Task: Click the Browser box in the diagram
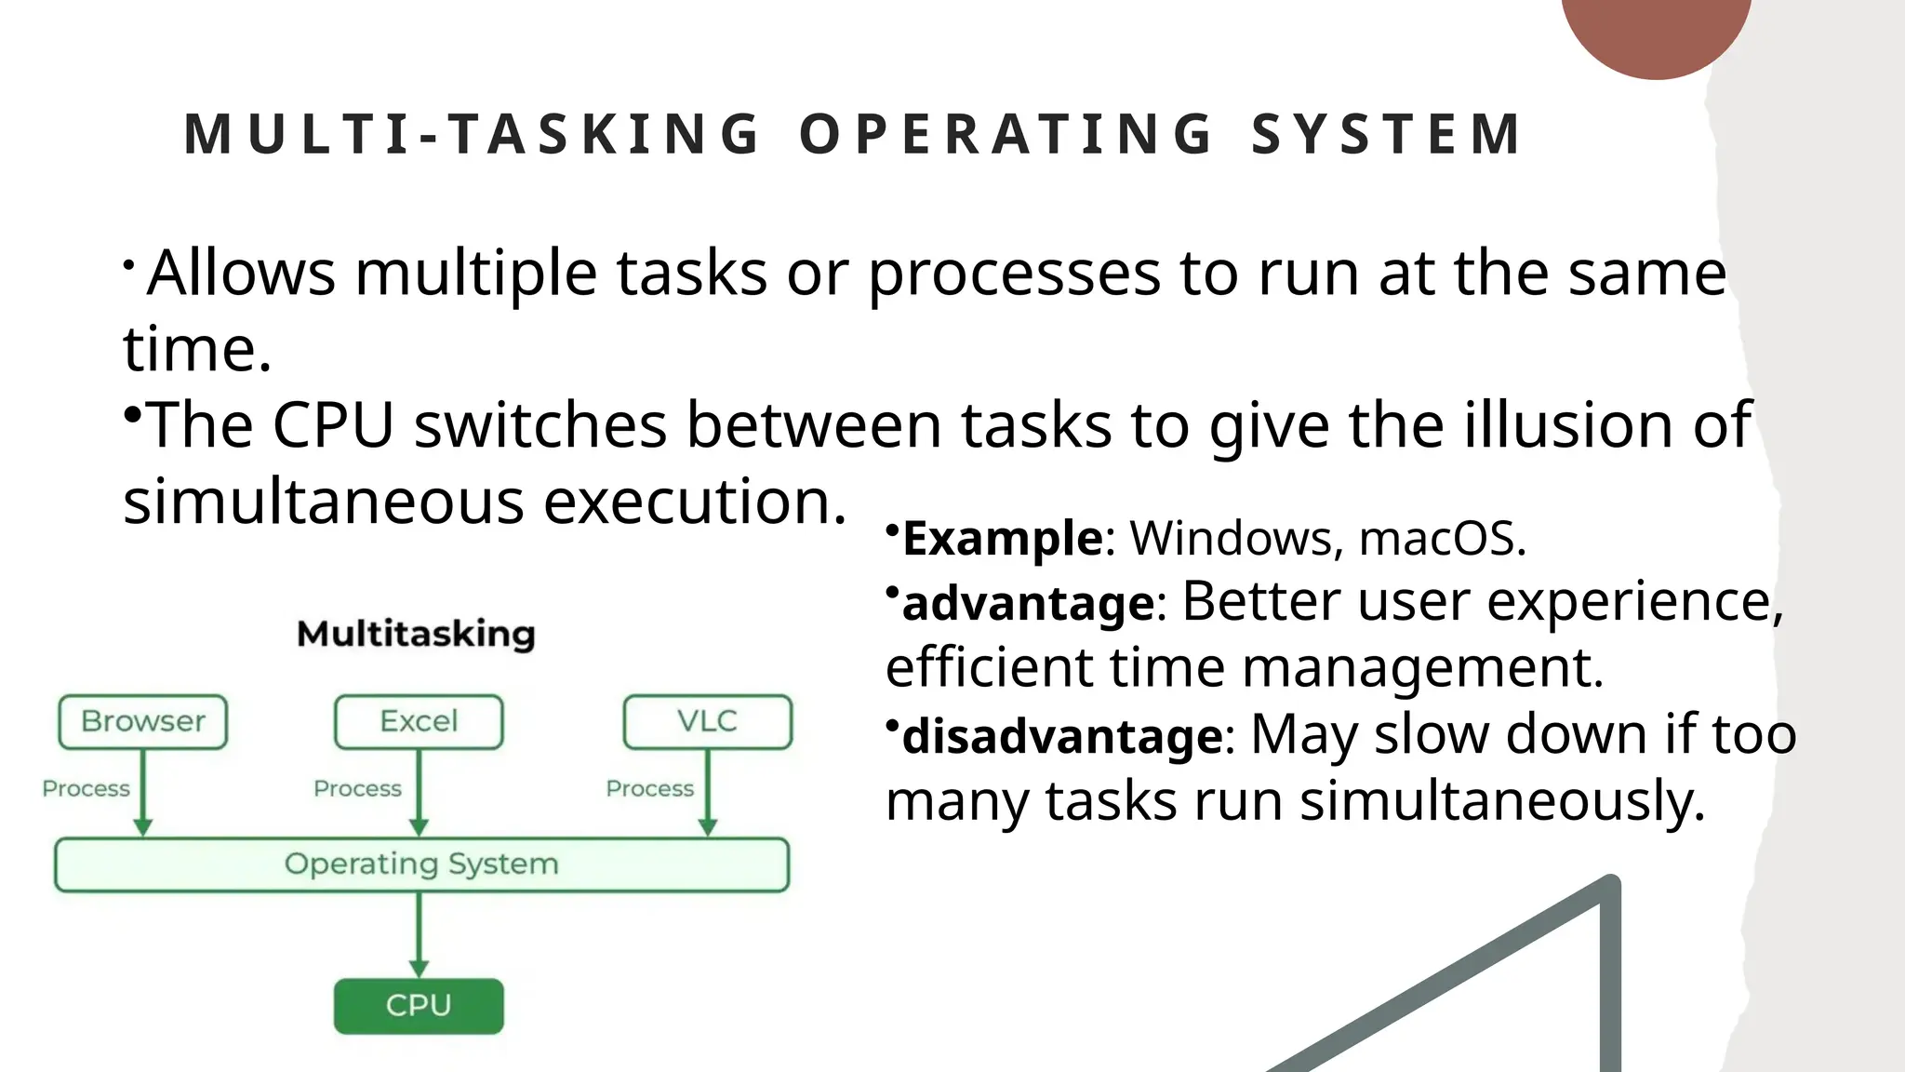point(142,721)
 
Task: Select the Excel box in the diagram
point(419,721)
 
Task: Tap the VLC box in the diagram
point(707,721)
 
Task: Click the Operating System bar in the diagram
point(421,864)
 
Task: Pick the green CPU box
point(419,1006)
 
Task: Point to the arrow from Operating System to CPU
point(419,934)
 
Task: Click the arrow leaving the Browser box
point(143,792)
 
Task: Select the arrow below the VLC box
point(707,792)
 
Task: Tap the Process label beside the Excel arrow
point(357,789)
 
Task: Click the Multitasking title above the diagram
point(416,635)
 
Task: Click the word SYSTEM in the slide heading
point(1385,134)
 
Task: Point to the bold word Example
point(1003,539)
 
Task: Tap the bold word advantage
point(1028,603)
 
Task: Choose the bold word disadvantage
point(1062,736)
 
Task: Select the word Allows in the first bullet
point(241,274)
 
